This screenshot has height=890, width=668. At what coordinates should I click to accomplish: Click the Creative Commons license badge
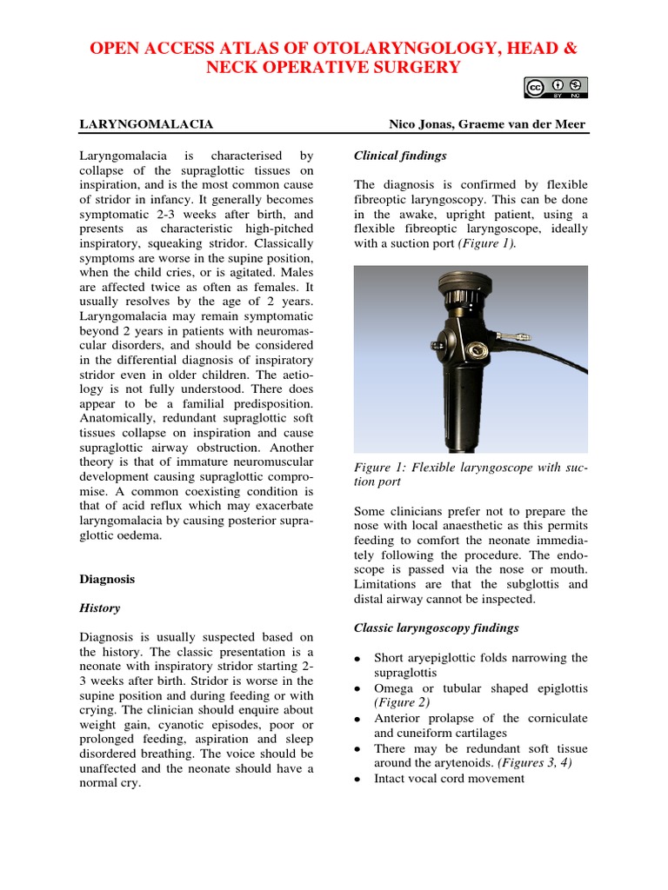(556, 87)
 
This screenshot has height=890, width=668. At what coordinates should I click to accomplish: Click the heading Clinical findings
(400, 156)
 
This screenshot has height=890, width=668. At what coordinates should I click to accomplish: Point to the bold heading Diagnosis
(107, 578)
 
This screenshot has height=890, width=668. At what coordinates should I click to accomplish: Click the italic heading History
(100, 608)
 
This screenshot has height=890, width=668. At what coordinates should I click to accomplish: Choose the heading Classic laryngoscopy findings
(437, 628)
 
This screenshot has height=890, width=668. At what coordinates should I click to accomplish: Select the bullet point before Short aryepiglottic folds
(358, 659)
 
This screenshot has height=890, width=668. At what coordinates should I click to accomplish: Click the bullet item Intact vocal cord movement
(449, 779)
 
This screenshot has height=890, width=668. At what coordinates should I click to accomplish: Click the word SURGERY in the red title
(410, 68)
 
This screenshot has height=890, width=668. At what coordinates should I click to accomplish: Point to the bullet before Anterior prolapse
(358, 720)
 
